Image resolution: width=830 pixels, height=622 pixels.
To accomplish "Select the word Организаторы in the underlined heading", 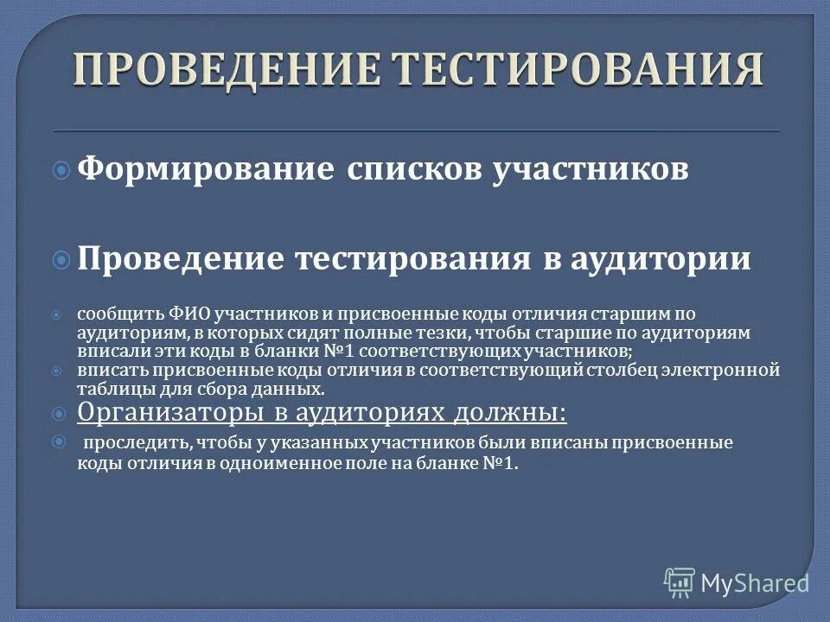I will pos(173,413).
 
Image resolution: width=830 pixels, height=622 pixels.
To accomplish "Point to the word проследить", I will pos(129,443).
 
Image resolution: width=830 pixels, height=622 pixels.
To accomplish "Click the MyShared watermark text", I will pos(755,583).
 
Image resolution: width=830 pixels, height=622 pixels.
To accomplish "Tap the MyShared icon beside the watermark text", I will pos(680,582).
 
